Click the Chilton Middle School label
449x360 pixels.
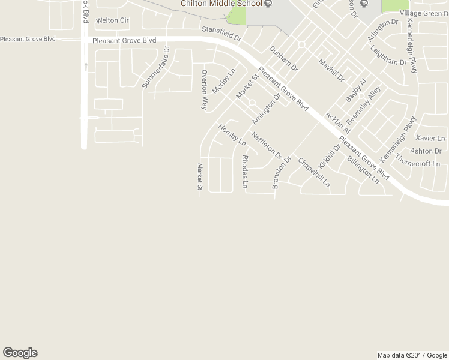pyautogui.click(x=222, y=4)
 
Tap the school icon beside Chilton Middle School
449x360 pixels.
pyautogui.click(x=268, y=3)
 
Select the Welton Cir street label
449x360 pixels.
pyautogui.click(x=112, y=20)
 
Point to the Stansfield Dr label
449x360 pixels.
pyautogui.click(x=221, y=33)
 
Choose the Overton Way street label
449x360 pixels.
pyautogui.click(x=204, y=89)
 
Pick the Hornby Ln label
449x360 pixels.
pyautogui.click(x=232, y=135)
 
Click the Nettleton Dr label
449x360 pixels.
pyautogui.click(x=267, y=144)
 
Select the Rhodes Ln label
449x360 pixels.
pyautogui.click(x=244, y=172)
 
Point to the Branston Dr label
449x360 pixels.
pyautogui.click(x=281, y=172)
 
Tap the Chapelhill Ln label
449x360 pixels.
pyautogui.click(x=314, y=173)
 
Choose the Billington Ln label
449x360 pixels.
pyautogui.click(x=363, y=169)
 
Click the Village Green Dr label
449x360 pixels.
pyautogui.click(x=424, y=13)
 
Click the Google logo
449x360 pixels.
pyautogui.click(x=20, y=353)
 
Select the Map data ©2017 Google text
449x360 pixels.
pyautogui.click(x=412, y=355)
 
